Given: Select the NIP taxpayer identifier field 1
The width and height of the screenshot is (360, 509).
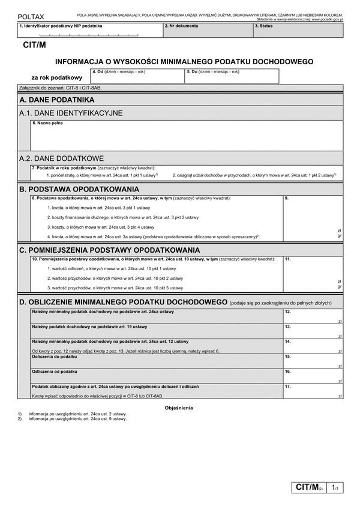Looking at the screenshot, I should pyautogui.click(x=89, y=31).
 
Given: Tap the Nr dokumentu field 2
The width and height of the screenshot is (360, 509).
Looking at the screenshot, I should pyautogui.click(x=207, y=31).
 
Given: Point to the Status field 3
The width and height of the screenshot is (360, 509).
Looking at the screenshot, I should pyautogui.click(x=298, y=31).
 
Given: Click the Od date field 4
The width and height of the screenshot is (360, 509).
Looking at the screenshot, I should pyautogui.click(x=137, y=76).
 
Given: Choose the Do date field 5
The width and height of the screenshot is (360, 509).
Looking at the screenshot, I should pyautogui.click(x=232, y=76).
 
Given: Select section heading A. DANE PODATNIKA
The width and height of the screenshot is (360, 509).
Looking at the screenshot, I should pyautogui.click(x=57, y=100).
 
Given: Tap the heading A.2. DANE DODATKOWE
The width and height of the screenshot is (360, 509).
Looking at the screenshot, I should pyautogui.click(x=62, y=158).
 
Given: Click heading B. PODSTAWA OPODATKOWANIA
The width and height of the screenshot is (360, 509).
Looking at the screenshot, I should pyautogui.click(x=79, y=188).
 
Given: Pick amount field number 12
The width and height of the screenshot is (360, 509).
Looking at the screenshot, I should pyautogui.click(x=313, y=316).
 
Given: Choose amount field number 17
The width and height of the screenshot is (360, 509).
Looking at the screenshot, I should pyautogui.click(x=313, y=391).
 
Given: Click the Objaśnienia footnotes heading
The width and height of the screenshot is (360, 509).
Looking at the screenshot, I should pyautogui.click(x=179, y=408).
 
